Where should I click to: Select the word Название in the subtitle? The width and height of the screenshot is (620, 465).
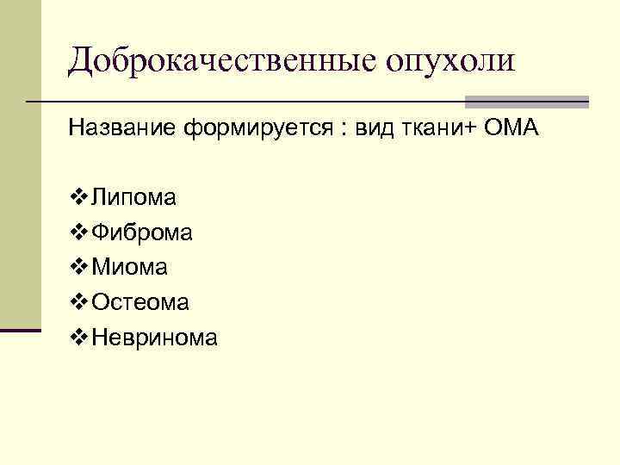click(121, 129)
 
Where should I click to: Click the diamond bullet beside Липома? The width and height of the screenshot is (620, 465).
click(76, 198)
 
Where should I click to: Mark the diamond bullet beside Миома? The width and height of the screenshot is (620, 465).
click(76, 268)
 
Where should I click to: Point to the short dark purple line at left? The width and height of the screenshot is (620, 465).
click(21, 330)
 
